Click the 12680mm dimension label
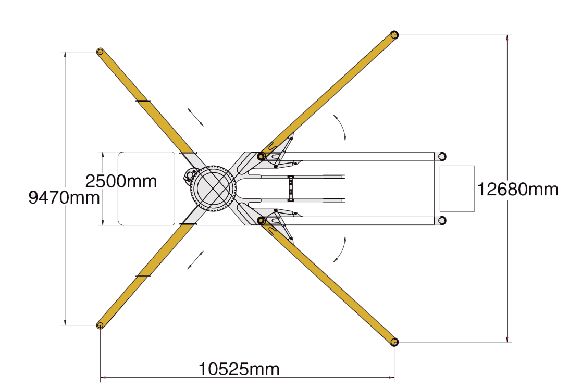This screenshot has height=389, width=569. (517, 190)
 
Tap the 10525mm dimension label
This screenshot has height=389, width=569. (239, 369)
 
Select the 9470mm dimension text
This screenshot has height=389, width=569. (64, 198)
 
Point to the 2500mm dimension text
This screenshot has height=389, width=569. (121, 181)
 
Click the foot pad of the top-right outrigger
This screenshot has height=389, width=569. (394, 35)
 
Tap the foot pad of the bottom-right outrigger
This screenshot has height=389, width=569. (394, 342)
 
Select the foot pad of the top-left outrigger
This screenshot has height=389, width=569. (100, 52)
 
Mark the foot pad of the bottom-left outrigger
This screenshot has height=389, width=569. (100, 325)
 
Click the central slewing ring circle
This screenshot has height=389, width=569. (213, 189)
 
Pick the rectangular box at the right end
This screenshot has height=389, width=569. (457, 189)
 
